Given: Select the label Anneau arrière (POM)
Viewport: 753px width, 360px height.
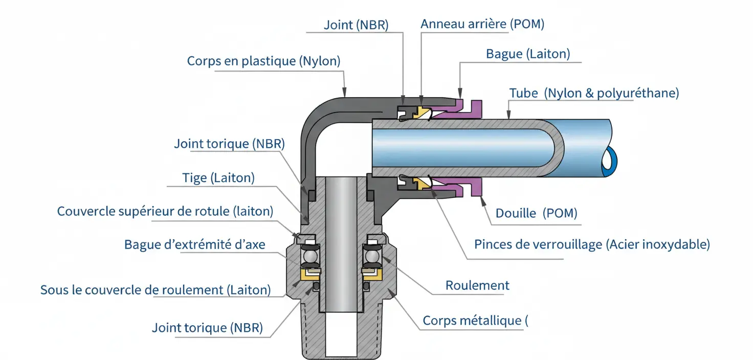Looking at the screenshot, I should (x=482, y=24).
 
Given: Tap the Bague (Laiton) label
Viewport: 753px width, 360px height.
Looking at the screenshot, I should (x=528, y=54).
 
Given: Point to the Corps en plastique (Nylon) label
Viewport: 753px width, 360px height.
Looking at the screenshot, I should (x=263, y=61).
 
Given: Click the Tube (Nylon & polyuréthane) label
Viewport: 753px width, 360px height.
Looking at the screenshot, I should (x=594, y=93).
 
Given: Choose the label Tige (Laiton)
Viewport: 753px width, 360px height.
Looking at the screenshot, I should (x=218, y=178).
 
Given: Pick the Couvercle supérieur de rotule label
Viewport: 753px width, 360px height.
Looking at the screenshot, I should (x=165, y=211).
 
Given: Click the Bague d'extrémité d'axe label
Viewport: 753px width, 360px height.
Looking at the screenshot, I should (x=194, y=244).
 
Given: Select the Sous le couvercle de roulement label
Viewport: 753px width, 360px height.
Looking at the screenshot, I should (x=155, y=290).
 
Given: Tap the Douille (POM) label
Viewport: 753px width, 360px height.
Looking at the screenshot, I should (x=537, y=213).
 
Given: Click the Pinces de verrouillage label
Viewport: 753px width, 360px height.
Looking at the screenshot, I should (x=592, y=244).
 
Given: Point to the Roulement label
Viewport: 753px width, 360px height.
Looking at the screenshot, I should (x=477, y=285).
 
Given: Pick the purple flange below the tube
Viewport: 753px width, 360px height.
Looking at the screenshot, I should (x=472, y=188).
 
